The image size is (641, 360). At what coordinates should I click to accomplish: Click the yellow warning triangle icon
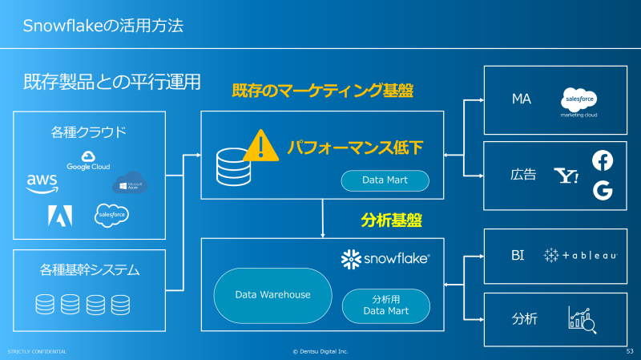[x=260, y=145]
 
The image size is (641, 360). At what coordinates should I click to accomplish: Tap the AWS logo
[x=42, y=182]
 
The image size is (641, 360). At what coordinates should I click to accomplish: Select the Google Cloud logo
[x=89, y=160]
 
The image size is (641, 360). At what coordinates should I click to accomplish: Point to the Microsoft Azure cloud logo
[x=130, y=184]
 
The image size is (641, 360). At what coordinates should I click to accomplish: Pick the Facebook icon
[x=602, y=160]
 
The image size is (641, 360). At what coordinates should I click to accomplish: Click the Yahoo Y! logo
[x=566, y=176]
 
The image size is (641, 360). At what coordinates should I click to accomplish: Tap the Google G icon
[x=602, y=191]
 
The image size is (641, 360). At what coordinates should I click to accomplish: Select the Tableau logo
[x=580, y=256]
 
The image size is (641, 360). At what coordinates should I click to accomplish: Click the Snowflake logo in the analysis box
[x=385, y=259]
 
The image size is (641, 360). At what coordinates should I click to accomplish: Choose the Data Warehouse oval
[x=272, y=294]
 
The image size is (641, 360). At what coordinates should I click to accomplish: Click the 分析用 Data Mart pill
[x=385, y=305]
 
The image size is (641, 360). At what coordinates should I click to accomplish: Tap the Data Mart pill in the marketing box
[x=385, y=180]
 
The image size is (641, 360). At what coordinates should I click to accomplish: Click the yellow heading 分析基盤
[x=391, y=218]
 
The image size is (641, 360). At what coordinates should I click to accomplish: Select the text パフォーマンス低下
[x=354, y=147]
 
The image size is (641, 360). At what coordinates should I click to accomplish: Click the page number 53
[x=629, y=351]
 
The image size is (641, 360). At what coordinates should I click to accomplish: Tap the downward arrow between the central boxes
[x=322, y=219]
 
